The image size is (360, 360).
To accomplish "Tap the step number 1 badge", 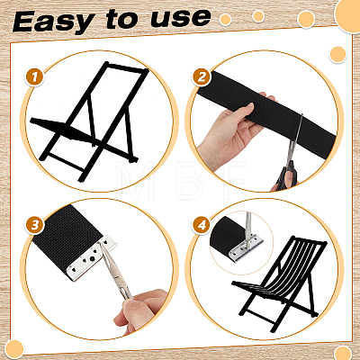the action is [34, 77].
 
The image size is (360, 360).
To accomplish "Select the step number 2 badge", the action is [202, 77].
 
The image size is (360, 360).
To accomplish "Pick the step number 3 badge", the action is [35, 225].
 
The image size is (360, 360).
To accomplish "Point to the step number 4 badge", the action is [202, 225].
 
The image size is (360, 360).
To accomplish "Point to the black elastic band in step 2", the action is [267, 112].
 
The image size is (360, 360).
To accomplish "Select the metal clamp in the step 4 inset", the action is [246, 247].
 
